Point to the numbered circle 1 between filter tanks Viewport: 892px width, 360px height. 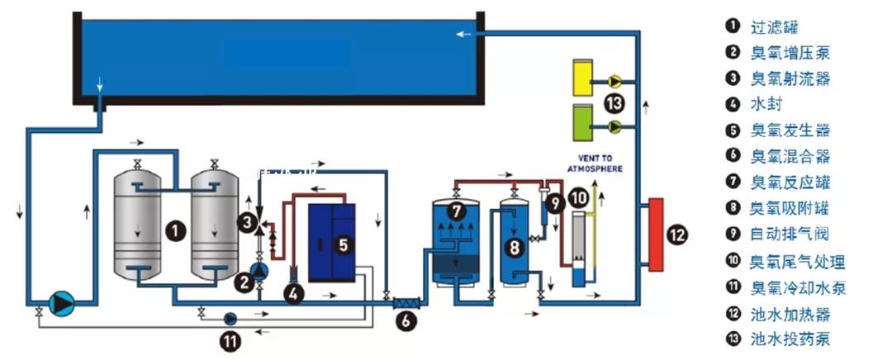tap(175, 230)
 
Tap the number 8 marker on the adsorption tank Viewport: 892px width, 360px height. tap(513, 246)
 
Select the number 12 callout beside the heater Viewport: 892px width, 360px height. tap(677, 235)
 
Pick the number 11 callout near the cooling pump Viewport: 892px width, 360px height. tap(230, 337)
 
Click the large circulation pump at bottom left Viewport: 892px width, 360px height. tap(61, 303)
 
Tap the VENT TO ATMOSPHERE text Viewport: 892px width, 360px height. tap(595, 162)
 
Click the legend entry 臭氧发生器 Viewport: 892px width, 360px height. tap(790, 130)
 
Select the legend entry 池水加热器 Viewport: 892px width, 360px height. tap(790, 314)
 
